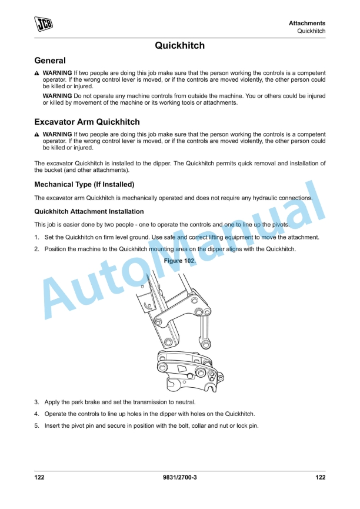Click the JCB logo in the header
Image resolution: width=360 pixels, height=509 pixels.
click(x=42, y=24)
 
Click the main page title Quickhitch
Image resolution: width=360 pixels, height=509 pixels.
click(x=179, y=45)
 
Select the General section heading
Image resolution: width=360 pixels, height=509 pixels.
click(x=50, y=60)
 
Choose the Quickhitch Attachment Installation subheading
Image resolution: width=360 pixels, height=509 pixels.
click(x=89, y=211)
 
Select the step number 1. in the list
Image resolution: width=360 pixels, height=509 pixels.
click(x=36, y=237)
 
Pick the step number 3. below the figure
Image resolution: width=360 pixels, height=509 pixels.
click(x=36, y=402)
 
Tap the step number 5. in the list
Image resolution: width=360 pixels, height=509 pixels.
click(x=36, y=425)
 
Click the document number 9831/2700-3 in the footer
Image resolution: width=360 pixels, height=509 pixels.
click(x=179, y=477)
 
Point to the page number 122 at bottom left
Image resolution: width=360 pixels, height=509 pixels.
click(x=39, y=477)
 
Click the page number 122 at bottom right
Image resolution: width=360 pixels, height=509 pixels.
click(x=320, y=477)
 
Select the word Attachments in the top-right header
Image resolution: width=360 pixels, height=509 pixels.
click(x=306, y=23)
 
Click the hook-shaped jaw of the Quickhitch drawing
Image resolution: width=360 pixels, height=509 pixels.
click(x=175, y=384)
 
